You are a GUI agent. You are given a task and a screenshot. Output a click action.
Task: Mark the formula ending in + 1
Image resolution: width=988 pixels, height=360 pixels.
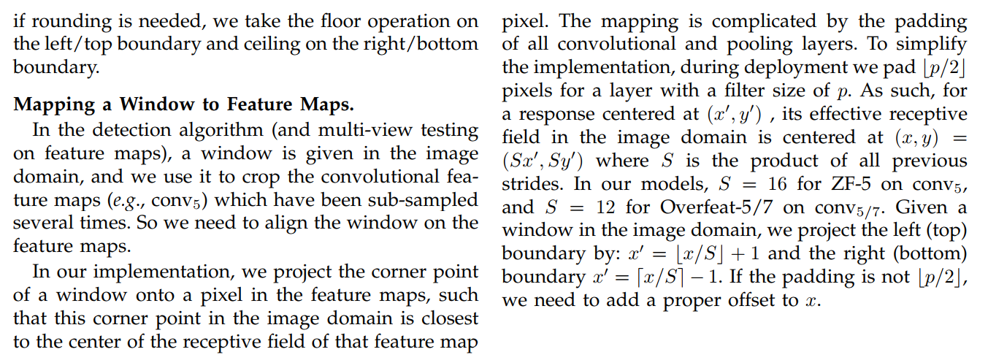pyautogui.click(x=701, y=253)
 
